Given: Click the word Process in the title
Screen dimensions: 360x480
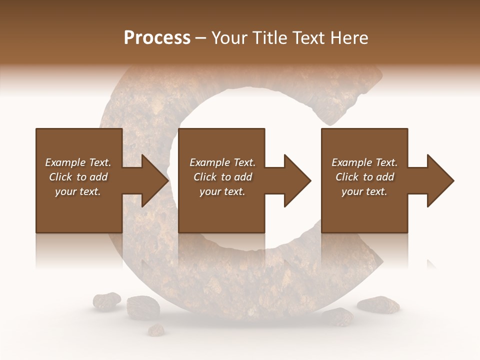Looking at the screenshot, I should [x=157, y=38].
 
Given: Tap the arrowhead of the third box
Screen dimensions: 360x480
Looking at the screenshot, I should [x=439, y=180].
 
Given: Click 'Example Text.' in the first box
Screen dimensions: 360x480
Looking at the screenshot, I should [x=78, y=162].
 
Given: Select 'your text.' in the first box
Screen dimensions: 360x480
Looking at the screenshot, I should [x=78, y=191].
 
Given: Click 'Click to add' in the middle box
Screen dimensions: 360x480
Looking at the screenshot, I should [x=222, y=177].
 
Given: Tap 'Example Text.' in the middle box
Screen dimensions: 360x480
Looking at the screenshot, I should [x=222, y=162].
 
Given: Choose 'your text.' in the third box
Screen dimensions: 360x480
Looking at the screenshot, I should [x=364, y=191].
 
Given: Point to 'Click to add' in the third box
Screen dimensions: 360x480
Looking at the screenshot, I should [x=364, y=177].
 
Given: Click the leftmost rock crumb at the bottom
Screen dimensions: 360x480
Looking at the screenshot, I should [x=106, y=300].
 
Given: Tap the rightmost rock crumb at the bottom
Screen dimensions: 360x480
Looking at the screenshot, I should [x=377, y=303].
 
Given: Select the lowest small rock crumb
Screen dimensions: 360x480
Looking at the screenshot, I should [x=157, y=329].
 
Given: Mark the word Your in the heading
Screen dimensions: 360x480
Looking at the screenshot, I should [x=228, y=38].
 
